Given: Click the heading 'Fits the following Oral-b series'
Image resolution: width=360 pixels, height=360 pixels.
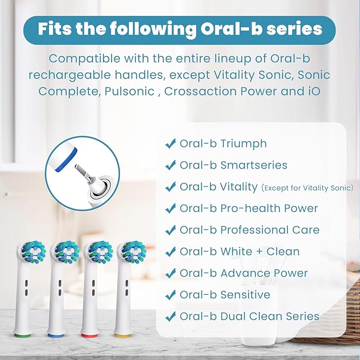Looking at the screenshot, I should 179,29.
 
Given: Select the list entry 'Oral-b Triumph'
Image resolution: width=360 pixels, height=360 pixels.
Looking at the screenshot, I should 223,143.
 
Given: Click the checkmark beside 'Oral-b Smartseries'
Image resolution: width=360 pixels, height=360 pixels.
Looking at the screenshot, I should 171,165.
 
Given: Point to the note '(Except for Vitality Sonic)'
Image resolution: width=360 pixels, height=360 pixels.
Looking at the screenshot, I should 307,188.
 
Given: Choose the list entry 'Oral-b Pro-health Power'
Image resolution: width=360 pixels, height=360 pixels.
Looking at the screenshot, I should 248,208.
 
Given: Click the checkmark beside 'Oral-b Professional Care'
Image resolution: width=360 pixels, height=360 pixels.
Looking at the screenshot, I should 171,230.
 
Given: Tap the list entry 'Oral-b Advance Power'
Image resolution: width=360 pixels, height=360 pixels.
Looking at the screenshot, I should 243,273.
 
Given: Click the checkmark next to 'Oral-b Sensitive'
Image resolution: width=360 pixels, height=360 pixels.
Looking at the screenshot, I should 171,295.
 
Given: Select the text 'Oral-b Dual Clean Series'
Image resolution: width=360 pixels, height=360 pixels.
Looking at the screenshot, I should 249,317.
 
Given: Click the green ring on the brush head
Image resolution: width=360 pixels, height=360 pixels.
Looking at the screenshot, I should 24,335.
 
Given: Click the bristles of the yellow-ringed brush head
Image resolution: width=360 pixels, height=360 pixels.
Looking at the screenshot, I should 131,252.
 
